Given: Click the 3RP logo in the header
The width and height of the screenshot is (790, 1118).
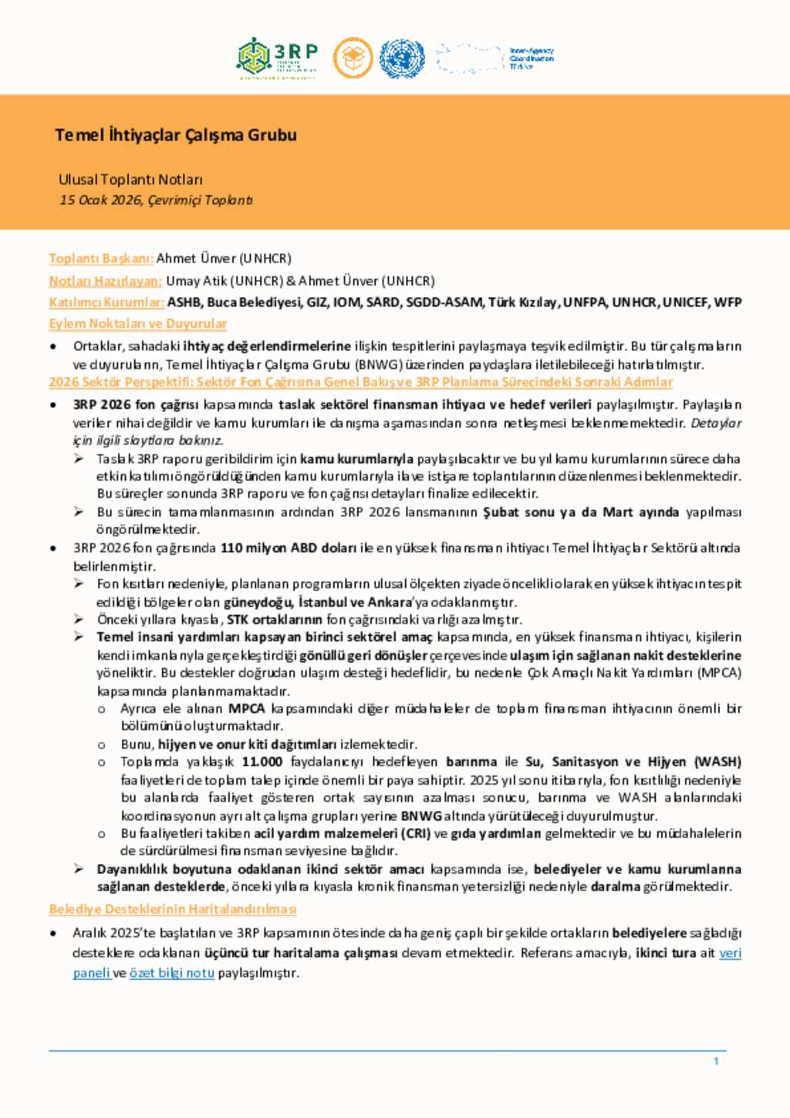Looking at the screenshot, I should pos(277,58).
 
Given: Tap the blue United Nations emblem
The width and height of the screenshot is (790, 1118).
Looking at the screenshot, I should pos(401,59).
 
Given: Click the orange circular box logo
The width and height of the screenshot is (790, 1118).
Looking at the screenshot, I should pos(353,59).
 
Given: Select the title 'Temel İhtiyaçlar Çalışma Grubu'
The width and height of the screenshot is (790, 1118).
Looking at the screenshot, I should pos(176,135).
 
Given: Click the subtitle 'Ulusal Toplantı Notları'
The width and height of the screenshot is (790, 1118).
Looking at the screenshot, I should pos(130,180).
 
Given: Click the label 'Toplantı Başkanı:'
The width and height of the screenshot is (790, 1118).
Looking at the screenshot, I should pos(101,258).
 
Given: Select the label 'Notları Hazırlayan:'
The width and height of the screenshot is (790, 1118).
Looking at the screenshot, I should pos(105,281).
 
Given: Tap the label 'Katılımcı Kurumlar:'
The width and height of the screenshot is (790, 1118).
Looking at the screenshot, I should pos(106,302).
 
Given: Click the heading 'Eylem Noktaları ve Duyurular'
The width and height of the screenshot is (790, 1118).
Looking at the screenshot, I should pos(137,323).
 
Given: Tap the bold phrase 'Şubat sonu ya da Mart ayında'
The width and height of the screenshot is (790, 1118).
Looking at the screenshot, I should pos(580,512).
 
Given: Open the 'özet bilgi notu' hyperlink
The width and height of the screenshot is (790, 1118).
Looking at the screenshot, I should pos(171,973).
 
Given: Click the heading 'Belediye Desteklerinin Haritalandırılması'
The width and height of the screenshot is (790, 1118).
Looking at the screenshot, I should pos(173,909).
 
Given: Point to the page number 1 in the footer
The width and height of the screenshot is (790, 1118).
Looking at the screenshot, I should pos(716,1062).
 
